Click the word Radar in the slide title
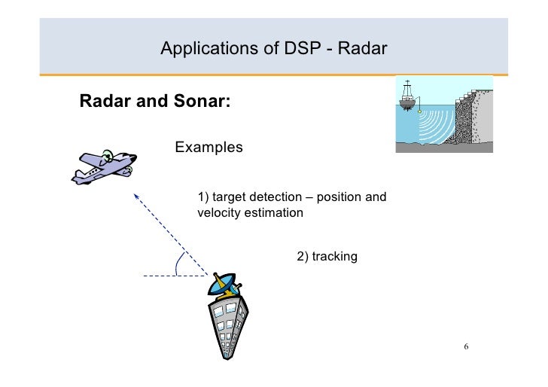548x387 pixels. coord(362,50)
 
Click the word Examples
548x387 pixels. coord(209,147)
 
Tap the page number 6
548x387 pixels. coord(466,347)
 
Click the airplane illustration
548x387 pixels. coord(104,166)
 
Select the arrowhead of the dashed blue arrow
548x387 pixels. coord(137,197)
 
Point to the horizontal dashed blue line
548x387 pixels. coord(169,276)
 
